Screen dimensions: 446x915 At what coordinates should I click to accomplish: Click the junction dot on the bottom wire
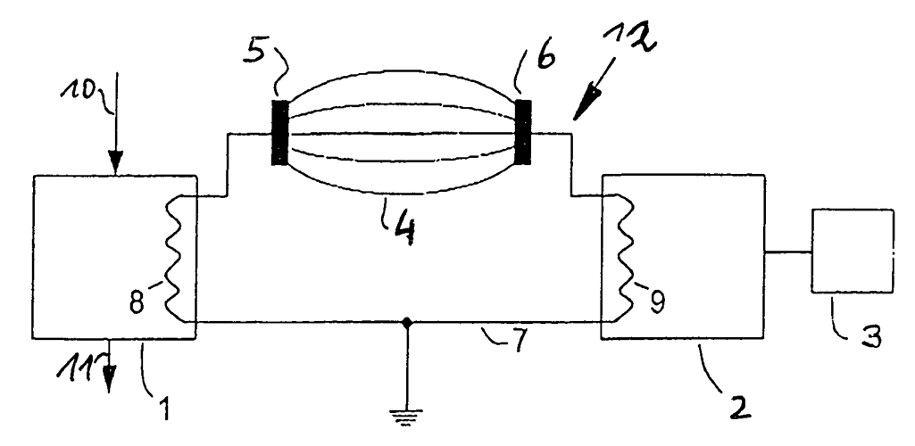[x=407, y=322]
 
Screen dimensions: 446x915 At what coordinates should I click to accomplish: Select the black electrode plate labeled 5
[x=280, y=133]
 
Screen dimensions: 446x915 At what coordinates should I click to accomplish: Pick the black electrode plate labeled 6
[x=524, y=133]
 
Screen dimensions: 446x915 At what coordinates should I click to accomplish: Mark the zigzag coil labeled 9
[x=621, y=259]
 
